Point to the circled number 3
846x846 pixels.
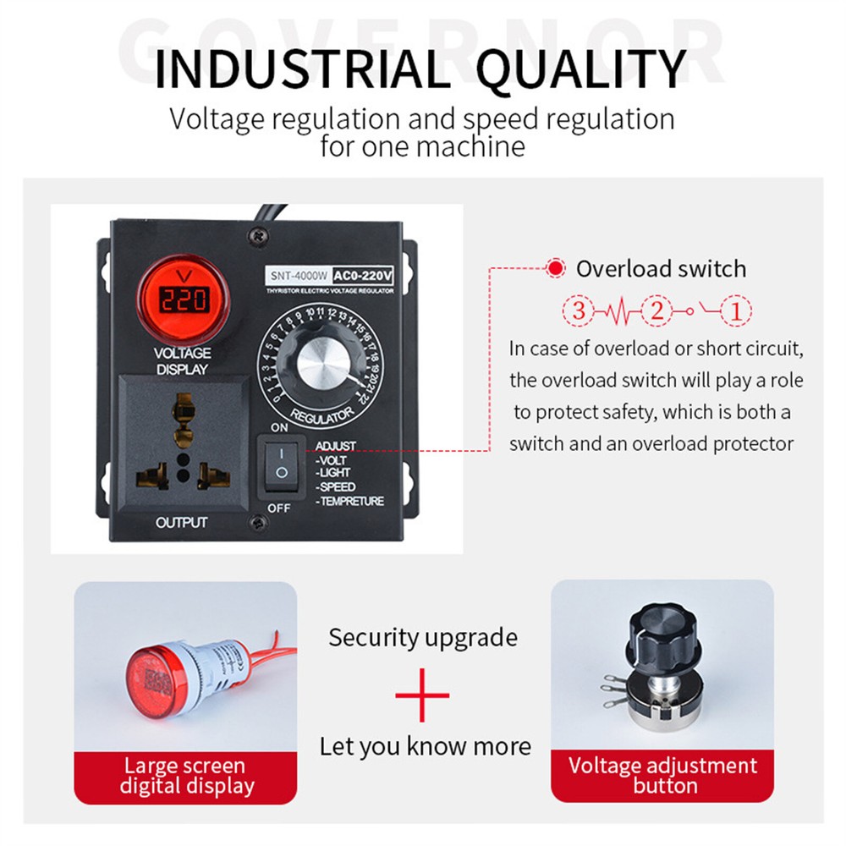pos(579,310)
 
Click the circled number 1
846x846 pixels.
pos(735,310)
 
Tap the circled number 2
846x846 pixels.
pos(656,310)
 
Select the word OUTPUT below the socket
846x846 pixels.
pos(181,523)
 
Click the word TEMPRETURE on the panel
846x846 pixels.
pos(350,501)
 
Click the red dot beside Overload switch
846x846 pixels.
pos(555,269)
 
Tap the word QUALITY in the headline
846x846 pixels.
pos(580,69)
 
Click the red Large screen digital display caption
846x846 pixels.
pos(186,776)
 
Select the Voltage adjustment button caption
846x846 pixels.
pos(663,776)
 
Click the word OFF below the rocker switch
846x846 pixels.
pos(279,508)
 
